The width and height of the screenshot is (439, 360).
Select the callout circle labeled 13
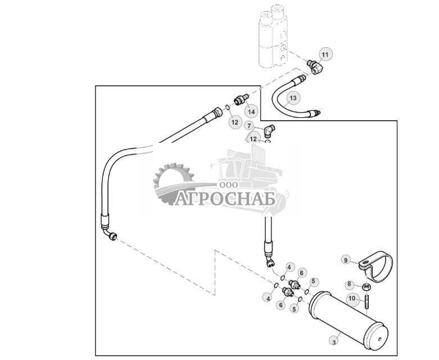click(292, 98)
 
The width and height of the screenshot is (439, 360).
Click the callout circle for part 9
click(347, 260)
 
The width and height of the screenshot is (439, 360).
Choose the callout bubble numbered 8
click(349, 284)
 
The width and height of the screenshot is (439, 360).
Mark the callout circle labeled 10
click(352, 298)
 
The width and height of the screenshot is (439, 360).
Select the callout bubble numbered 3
click(335, 341)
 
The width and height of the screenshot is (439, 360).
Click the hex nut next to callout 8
click(367, 287)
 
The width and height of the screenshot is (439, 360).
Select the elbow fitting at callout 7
click(269, 130)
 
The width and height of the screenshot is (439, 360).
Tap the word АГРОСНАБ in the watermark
click(224, 198)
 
